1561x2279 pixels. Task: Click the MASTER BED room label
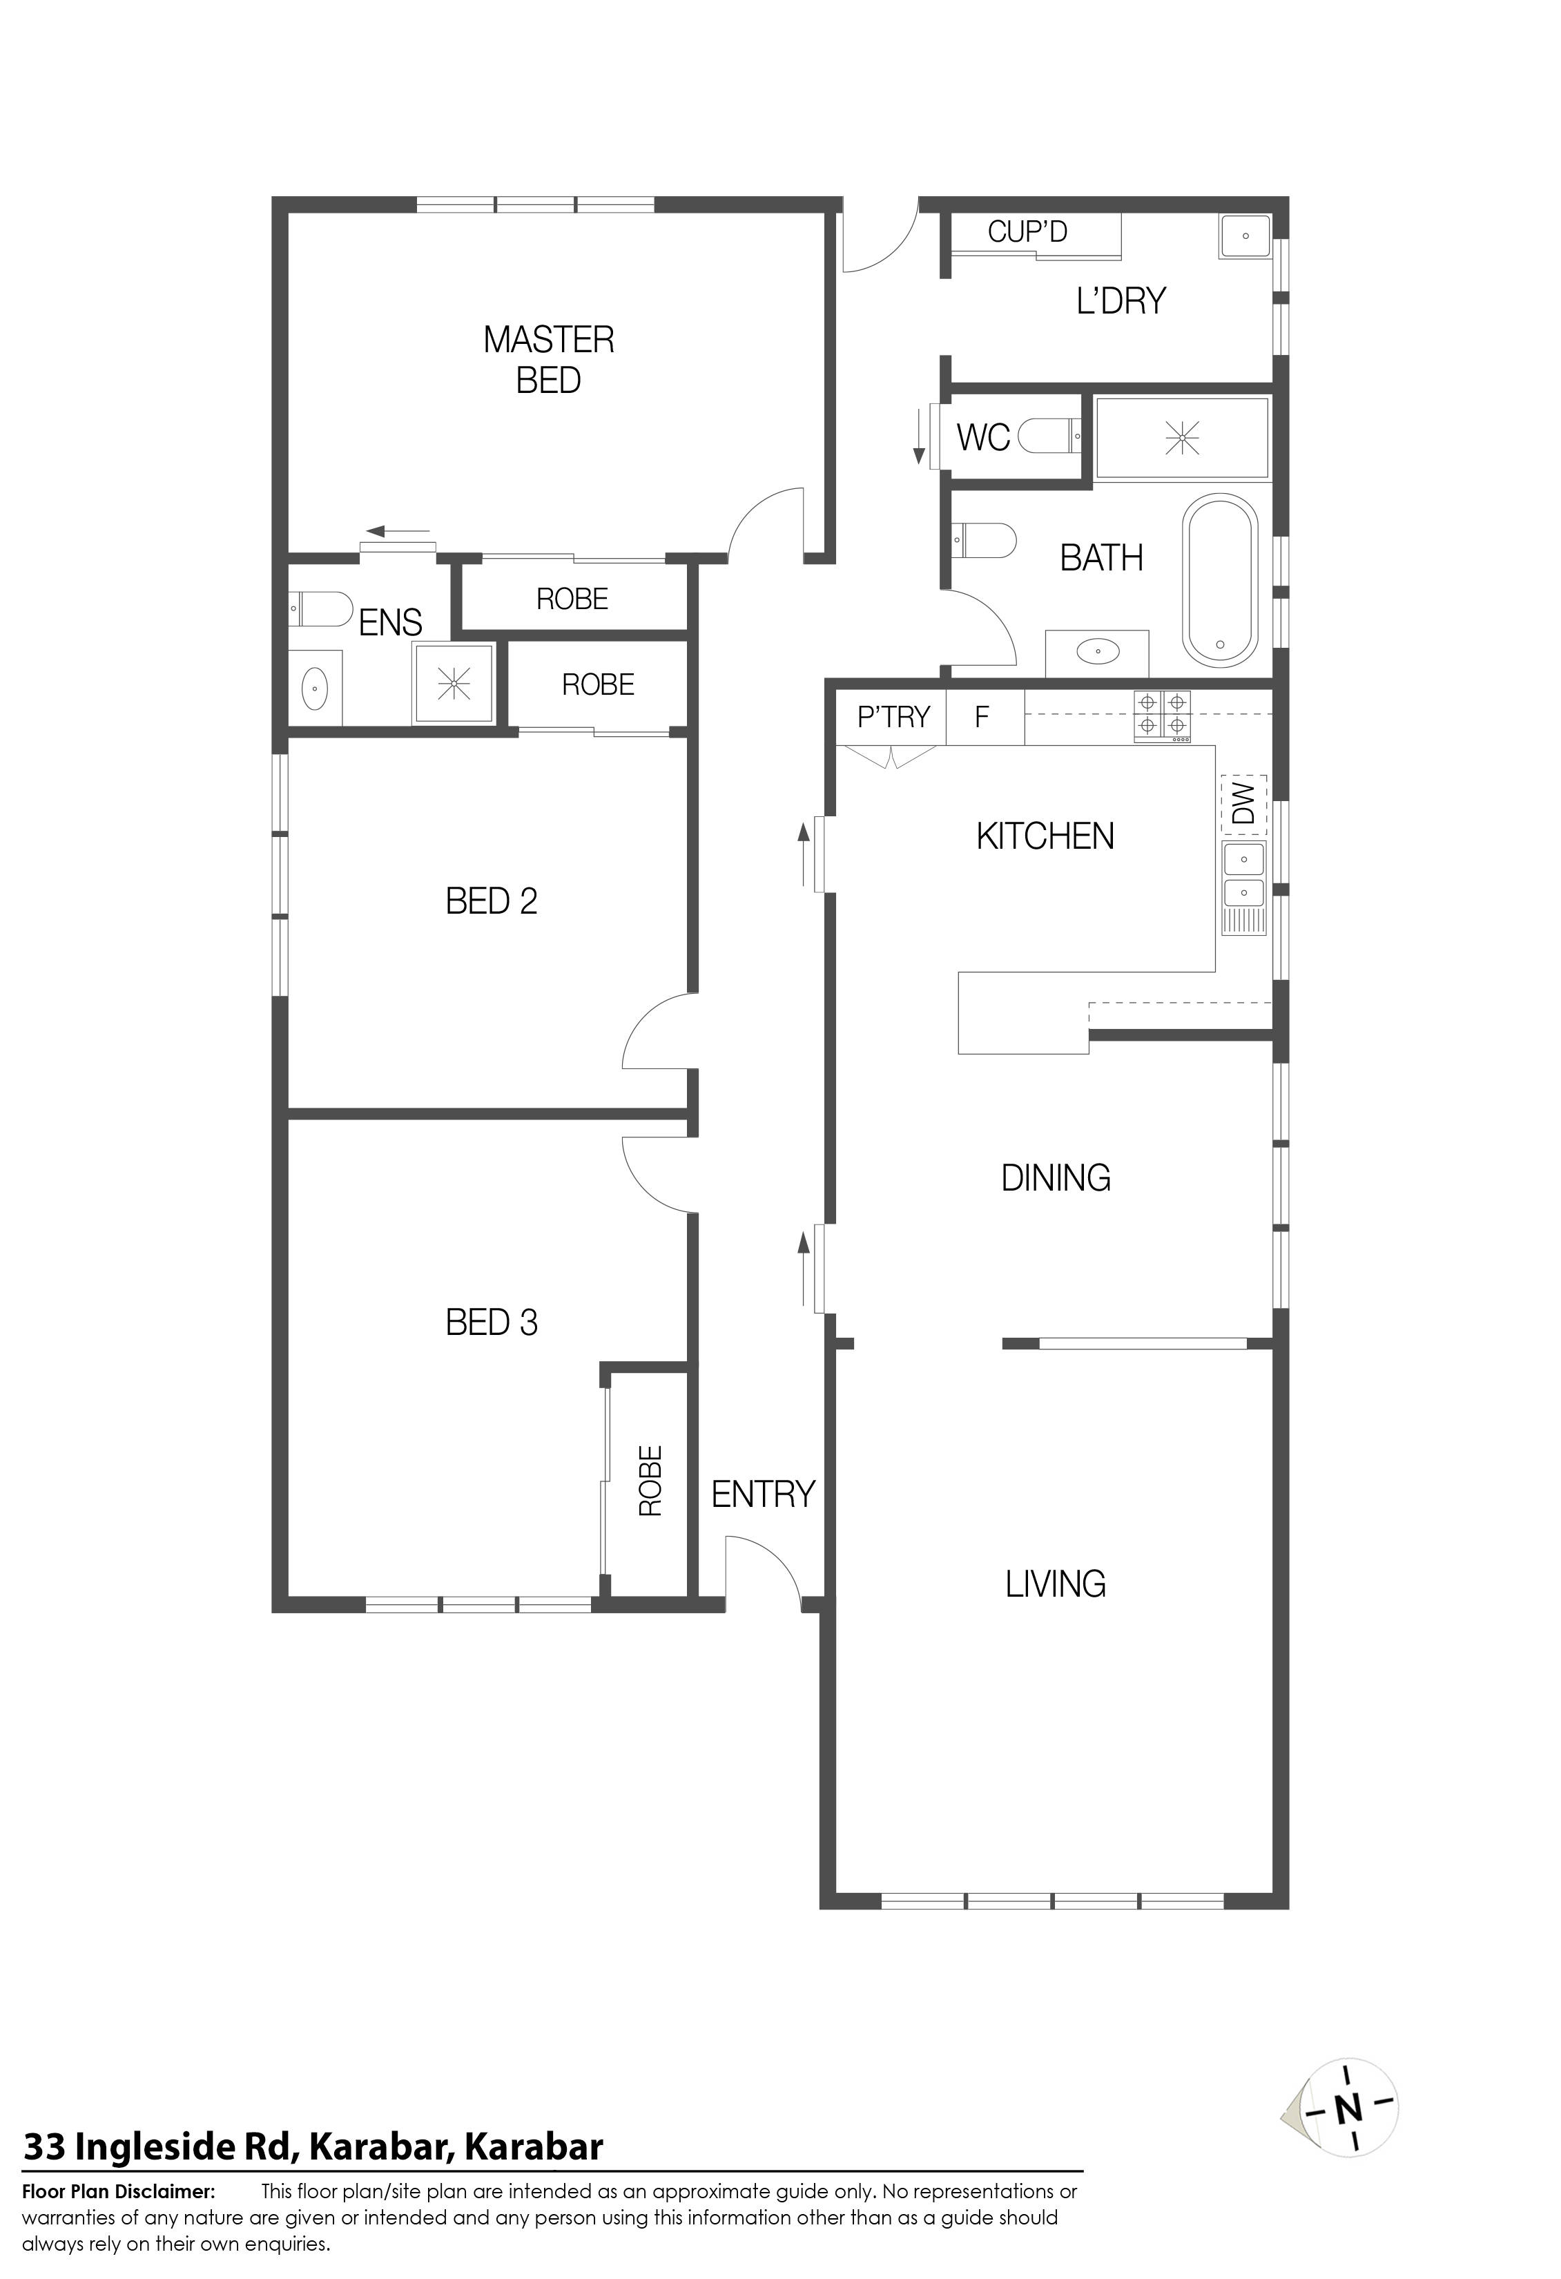pos(548,360)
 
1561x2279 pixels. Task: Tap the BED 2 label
pos(492,901)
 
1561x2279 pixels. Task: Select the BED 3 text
pos(492,1323)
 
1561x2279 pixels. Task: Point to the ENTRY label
pos(763,1494)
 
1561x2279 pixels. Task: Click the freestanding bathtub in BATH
pos(1220,581)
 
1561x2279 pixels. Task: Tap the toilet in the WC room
pos(1050,434)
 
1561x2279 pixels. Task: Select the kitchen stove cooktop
pos(1163,716)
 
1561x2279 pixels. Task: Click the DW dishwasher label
pos(1243,804)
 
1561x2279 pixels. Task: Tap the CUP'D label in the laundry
pos(1027,233)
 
